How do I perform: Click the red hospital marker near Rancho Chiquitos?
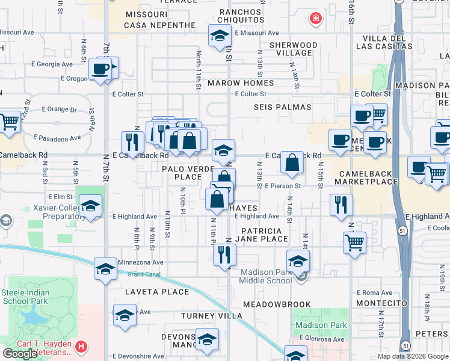click(x=315, y=19)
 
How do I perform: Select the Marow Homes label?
click(x=241, y=83)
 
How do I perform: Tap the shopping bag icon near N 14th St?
click(x=292, y=162)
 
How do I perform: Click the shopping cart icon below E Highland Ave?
click(x=354, y=243)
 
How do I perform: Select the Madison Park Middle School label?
click(x=265, y=276)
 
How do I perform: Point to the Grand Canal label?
click(x=145, y=274)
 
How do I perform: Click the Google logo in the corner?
click(x=20, y=353)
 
